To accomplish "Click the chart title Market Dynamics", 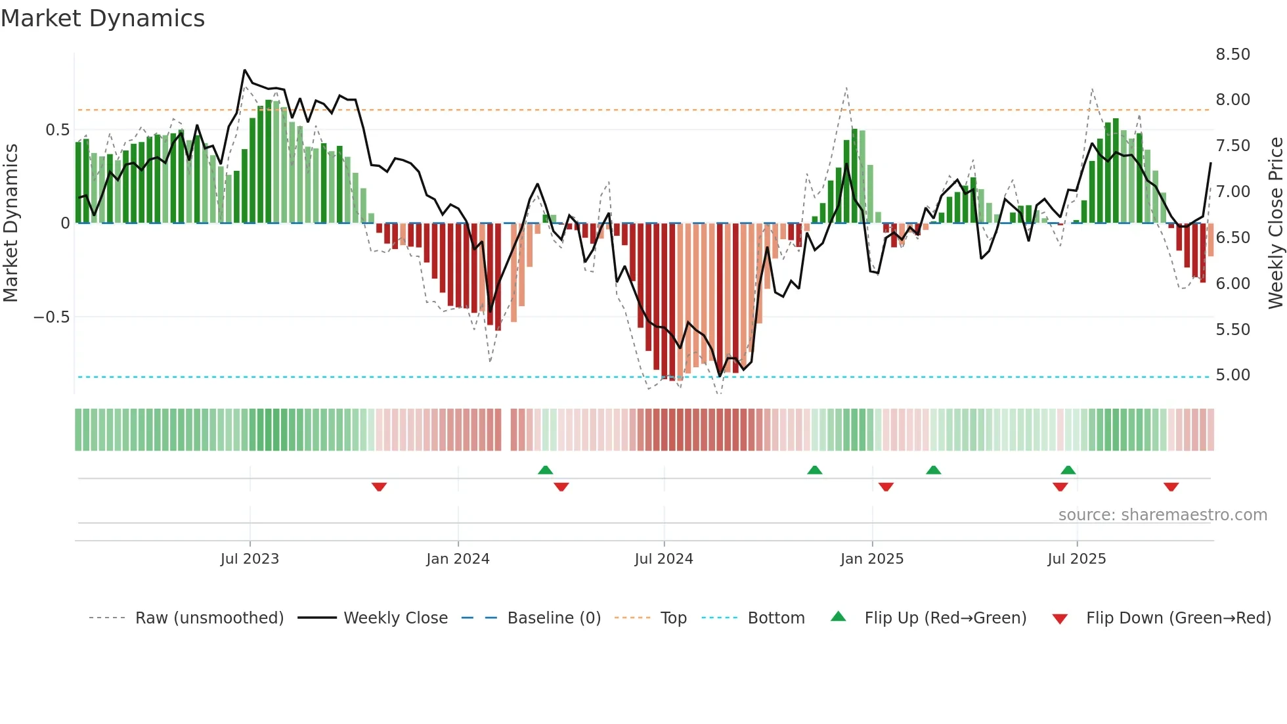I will (x=102, y=18).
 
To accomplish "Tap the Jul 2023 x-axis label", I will (x=250, y=559).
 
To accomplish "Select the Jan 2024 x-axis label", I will (x=458, y=559).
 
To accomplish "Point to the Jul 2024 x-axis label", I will (x=664, y=559).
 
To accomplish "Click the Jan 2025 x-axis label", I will (x=872, y=559).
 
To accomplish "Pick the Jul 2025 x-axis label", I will (x=1077, y=559).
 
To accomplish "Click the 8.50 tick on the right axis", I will (x=1232, y=55).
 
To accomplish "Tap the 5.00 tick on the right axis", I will (x=1232, y=375).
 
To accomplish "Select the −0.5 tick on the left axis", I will (x=51, y=317).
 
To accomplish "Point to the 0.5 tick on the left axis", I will (x=57, y=130).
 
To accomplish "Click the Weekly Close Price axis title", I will (x=1275, y=223).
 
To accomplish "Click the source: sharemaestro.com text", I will (x=1162, y=515).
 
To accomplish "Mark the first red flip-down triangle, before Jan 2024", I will (x=379, y=487).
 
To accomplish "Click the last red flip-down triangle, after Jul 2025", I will (x=1171, y=487).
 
